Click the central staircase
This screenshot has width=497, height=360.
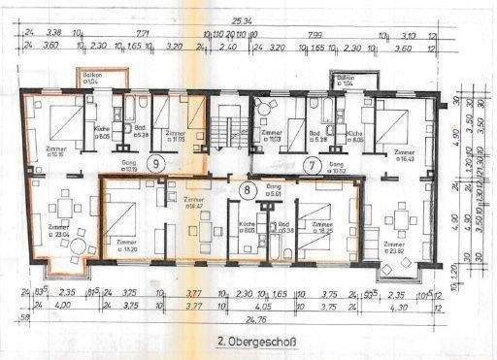[229, 126]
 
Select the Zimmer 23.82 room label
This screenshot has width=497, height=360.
[394, 246]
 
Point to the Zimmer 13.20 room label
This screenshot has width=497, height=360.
[127, 244]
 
